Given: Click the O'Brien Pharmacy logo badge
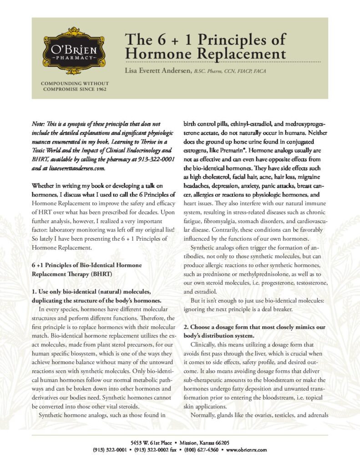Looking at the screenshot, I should click(x=75, y=51).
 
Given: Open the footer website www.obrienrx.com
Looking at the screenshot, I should click(x=246, y=449).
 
